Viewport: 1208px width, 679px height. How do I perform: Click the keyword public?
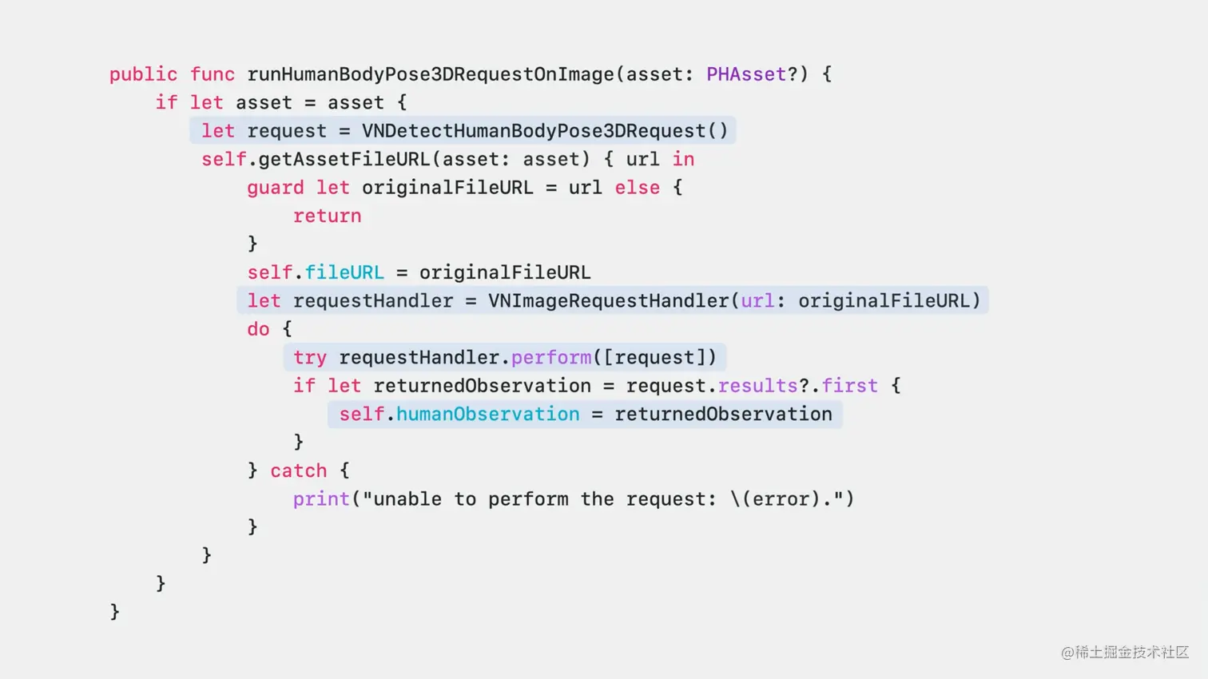click(x=143, y=74)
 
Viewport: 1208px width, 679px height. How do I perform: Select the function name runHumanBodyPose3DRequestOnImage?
click(x=430, y=74)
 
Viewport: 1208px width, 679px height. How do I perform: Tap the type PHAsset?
click(x=746, y=74)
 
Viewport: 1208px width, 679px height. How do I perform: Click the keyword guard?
click(x=275, y=188)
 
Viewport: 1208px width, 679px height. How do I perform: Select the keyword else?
click(x=637, y=188)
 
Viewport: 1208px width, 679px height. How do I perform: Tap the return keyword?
click(x=327, y=216)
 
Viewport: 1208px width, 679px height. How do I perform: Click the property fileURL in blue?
click(x=344, y=272)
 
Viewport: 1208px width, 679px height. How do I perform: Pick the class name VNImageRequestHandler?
click(x=608, y=301)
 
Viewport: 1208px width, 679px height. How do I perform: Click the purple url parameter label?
click(x=757, y=301)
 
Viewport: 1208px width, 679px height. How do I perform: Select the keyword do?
click(x=258, y=329)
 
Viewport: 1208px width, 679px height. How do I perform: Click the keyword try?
click(x=309, y=357)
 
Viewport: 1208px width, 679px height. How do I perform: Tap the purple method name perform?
click(x=550, y=357)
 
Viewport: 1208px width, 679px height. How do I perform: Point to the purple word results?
click(x=757, y=386)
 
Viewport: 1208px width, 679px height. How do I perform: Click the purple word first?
click(x=849, y=386)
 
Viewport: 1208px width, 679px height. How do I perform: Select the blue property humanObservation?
click(x=487, y=414)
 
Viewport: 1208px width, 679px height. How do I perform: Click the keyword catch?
click(x=298, y=471)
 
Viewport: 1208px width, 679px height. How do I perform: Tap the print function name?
click(x=321, y=499)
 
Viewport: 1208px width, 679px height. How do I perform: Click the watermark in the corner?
click(x=1125, y=652)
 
